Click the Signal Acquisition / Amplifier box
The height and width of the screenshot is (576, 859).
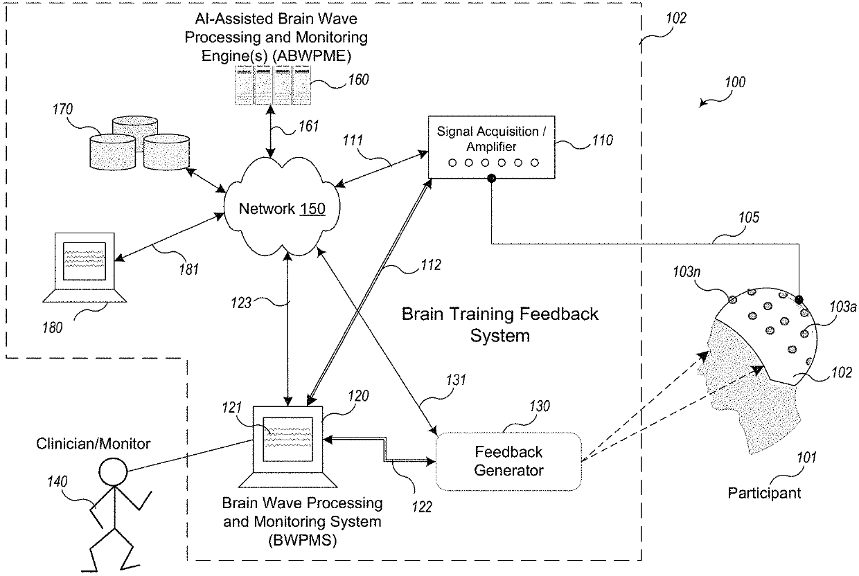[491, 147]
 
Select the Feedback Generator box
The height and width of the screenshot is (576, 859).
[508, 461]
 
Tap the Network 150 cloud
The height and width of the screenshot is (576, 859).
[282, 207]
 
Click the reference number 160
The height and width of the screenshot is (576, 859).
[358, 80]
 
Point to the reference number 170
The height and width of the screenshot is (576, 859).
[62, 109]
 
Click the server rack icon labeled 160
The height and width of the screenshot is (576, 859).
[273, 85]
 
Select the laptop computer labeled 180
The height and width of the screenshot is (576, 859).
[85, 267]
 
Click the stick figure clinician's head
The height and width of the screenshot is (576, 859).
[113, 471]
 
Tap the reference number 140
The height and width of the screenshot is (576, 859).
[57, 481]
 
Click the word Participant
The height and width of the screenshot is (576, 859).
[764, 493]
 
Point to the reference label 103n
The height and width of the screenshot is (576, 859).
[687, 272]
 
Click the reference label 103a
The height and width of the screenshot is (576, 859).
[843, 307]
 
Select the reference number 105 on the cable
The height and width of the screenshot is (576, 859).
[749, 217]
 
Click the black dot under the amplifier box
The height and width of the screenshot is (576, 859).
[491, 178]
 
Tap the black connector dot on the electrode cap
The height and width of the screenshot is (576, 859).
[799, 300]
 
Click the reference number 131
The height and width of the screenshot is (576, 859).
[456, 380]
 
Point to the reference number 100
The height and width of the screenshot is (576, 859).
[735, 82]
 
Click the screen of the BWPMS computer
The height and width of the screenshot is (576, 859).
[287, 439]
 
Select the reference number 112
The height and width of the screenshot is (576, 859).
[431, 265]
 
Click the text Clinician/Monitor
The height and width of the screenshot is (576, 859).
[94, 444]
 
